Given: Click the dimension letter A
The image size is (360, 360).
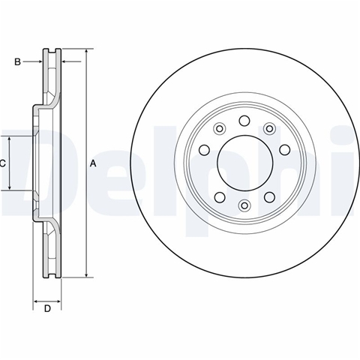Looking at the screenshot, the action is [x=93, y=163].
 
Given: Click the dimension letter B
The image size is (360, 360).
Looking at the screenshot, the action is [x=17, y=61].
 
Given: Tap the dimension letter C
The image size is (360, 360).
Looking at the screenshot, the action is [x=2, y=163].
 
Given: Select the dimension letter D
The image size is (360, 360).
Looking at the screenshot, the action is [x=47, y=309].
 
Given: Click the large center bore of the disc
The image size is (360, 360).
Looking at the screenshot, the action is [x=244, y=163].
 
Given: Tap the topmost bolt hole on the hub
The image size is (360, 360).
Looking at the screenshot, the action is [x=244, y=121].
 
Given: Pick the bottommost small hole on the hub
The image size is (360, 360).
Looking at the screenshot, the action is [x=244, y=205].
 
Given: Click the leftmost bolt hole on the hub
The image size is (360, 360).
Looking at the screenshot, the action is [x=204, y=150].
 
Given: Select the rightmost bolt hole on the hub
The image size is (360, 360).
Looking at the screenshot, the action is [x=285, y=150].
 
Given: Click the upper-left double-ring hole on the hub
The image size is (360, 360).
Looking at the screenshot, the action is [x=219, y=129].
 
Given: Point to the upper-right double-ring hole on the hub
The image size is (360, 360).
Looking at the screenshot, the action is [x=269, y=129].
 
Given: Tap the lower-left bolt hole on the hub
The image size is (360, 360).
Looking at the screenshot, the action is [x=220, y=197].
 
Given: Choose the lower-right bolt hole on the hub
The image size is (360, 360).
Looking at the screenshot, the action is [x=269, y=197].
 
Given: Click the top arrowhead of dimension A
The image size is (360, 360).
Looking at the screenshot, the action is [x=86, y=52].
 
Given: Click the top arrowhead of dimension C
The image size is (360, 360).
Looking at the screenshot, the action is [x=10, y=139].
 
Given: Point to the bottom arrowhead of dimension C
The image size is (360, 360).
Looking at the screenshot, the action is [x=10, y=187].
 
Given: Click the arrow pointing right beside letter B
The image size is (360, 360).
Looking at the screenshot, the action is [x=32, y=61].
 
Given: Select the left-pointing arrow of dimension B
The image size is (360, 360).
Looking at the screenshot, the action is [x=71, y=61].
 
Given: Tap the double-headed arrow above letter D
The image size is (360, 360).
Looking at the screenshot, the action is [x=47, y=301].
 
